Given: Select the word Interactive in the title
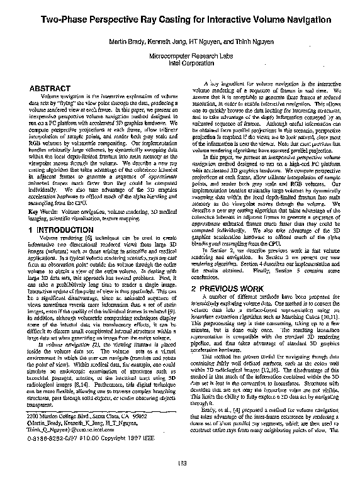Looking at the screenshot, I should [225, 21].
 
